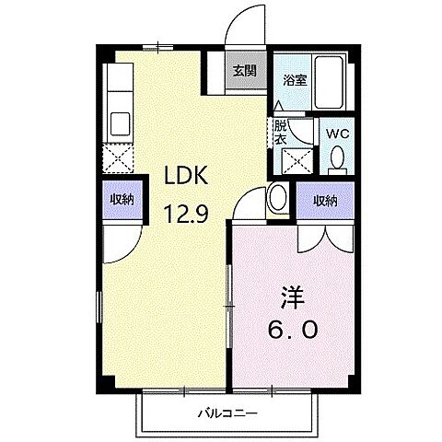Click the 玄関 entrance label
click(x=243, y=70)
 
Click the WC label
click(x=337, y=132)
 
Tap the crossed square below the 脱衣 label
click(x=296, y=162)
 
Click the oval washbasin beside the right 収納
click(x=278, y=198)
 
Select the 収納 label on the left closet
click(x=120, y=199)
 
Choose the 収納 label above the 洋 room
click(x=323, y=199)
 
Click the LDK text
click(x=180, y=175)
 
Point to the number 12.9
click(x=183, y=215)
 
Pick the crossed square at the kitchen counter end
click(x=119, y=159)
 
